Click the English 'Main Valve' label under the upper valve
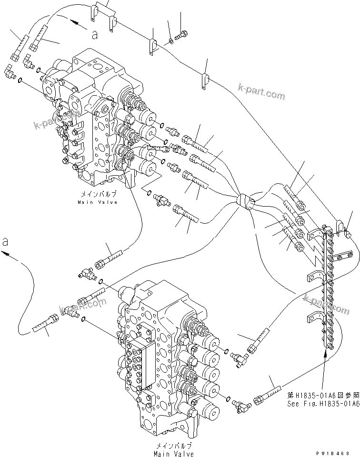point(98,202)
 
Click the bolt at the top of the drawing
point(182,34)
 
